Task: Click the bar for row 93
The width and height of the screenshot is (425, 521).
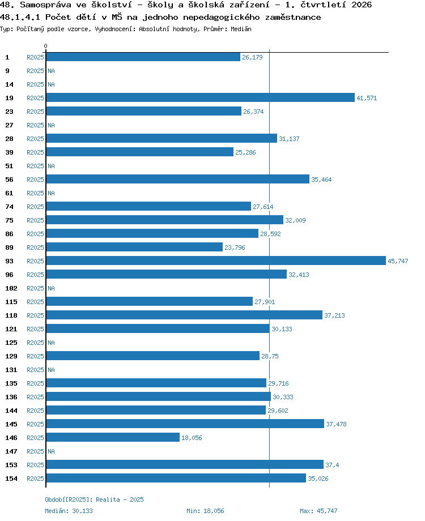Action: pyautogui.click(x=216, y=261)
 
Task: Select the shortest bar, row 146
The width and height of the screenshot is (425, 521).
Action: pyautogui.click(x=113, y=437)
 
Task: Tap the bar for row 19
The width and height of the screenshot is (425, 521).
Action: pyautogui.click(x=200, y=97)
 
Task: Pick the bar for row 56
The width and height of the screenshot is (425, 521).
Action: pyautogui.click(x=177, y=179)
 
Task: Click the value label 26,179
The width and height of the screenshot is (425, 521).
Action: pyautogui.click(x=252, y=57)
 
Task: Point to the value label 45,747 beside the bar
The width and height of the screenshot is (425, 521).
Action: pyautogui.click(x=398, y=261)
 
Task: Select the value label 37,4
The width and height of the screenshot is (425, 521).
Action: pyautogui.click(x=332, y=465)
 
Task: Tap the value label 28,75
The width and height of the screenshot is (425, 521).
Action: pyautogui.click(x=270, y=356)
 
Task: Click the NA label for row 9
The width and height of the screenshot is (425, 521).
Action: pyautogui.click(x=51, y=71)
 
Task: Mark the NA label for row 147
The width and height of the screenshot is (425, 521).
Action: pyautogui.click(x=51, y=451)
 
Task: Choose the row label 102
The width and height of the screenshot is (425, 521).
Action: pyautogui.click(x=11, y=288)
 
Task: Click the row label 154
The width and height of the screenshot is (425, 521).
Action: pyautogui.click(x=11, y=479)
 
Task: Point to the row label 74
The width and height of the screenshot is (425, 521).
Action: pyautogui.click(x=9, y=207)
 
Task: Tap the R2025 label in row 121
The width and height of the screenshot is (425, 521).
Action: pyautogui.click(x=35, y=329)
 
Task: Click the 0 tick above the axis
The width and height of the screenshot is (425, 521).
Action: pyautogui.click(x=45, y=46)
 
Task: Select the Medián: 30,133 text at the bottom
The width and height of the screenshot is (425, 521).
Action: pyautogui.click(x=69, y=511)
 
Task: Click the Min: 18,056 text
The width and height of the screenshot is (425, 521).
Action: pyautogui.click(x=205, y=511)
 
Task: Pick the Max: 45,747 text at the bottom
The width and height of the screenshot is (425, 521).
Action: pyautogui.click(x=318, y=511)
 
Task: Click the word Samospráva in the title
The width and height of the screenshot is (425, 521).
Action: pyautogui.click(x=45, y=5)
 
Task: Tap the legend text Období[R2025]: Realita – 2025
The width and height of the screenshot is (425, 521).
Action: pyautogui.click(x=94, y=499)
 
